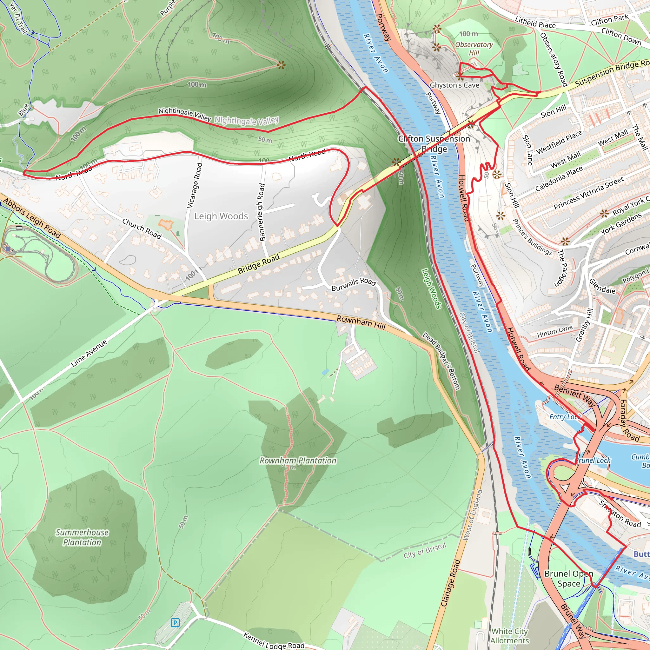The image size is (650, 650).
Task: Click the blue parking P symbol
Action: coord(175,622)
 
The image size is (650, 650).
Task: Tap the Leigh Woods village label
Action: coord(221,216)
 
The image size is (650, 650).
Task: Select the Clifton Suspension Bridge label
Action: coord(434,144)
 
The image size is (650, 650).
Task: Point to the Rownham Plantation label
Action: coord(298,460)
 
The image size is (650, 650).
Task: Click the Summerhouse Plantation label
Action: coord(82,537)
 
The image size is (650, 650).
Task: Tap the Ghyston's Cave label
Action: coord(454,85)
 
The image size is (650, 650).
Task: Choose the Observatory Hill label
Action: coord(474,49)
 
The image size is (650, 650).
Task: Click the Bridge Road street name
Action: coord(258,263)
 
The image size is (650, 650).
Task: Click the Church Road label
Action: coord(142,229)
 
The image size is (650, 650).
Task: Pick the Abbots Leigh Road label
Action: coord(32,218)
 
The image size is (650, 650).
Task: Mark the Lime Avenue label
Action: coord(89,353)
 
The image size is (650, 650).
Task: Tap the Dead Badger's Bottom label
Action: coord(441,361)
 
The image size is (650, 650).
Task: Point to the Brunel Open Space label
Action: coord(568,579)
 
